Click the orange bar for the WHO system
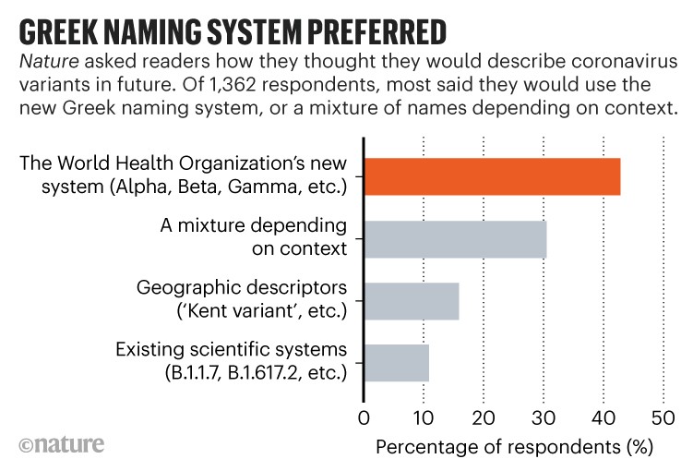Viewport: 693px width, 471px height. pos(492,176)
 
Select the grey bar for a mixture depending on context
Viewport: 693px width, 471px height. pos(455,239)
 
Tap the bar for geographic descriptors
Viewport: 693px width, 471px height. pos(412,300)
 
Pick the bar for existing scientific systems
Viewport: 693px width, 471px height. pos(397,362)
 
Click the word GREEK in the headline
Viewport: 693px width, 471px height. pos(65,31)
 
